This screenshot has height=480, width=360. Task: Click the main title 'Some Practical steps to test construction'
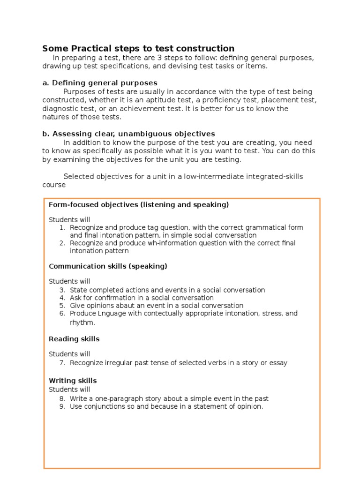(138, 48)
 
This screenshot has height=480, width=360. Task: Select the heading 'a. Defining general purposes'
(99, 83)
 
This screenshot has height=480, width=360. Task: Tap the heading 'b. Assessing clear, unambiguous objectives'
(128, 134)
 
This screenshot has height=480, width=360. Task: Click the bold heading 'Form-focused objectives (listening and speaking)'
(139, 205)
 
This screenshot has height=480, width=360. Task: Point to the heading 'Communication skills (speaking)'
(108, 266)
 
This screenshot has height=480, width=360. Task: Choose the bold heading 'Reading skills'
(74, 339)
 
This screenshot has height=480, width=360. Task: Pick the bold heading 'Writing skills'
(73, 381)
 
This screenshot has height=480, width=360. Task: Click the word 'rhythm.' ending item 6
(82, 322)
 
